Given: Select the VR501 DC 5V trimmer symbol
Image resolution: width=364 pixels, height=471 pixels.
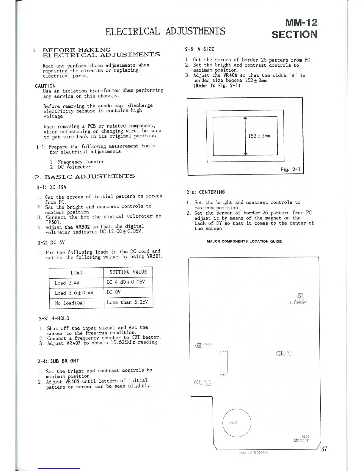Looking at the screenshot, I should point(279,353).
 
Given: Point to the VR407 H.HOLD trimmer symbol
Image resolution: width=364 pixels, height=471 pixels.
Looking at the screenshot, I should point(197,382).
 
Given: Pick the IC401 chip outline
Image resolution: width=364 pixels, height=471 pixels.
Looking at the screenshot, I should point(224,362).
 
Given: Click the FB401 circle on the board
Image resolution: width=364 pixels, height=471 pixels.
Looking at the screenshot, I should point(237,423).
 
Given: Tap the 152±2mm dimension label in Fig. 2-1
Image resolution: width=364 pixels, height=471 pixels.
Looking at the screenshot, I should point(259,136).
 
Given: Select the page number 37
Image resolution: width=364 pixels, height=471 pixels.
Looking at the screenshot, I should point(324,449).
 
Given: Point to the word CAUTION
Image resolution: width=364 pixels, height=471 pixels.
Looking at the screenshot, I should point(45,86).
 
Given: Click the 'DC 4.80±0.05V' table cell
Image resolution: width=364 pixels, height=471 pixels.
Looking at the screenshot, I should point(125,282).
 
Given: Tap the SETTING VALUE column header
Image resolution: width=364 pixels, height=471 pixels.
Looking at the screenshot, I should point(128,272).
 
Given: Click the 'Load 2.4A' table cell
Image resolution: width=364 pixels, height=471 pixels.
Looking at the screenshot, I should point(67,283).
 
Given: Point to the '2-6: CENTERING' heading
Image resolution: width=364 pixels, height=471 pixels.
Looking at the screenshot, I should point(205,192).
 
